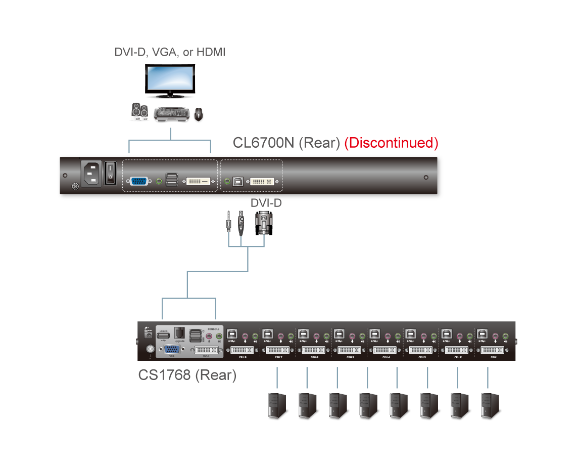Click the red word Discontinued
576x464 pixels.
pyautogui.click(x=391, y=143)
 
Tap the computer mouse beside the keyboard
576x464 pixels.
pyautogui.click(x=199, y=114)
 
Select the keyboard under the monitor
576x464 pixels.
pyautogui.click(x=172, y=115)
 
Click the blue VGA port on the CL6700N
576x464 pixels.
pyautogui.click(x=139, y=181)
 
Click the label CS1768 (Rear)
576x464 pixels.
pyautogui.click(x=187, y=375)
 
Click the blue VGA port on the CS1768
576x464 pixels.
pyautogui.click(x=172, y=349)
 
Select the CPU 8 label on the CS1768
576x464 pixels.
pyautogui.click(x=242, y=357)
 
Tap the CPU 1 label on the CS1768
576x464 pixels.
pyautogui.click(x=494, y=357)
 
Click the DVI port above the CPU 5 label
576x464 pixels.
pyautogui.click(x=350, y=350)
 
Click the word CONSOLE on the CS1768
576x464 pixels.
pyautogui.click(x=213, y=329)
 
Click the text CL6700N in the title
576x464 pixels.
pyautogui.click(x=263, y=143)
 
